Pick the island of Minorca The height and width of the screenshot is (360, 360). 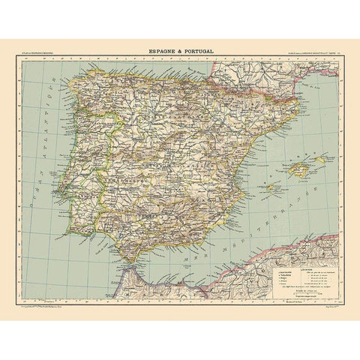[321, 159]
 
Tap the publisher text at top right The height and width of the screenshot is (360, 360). [309, 52]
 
